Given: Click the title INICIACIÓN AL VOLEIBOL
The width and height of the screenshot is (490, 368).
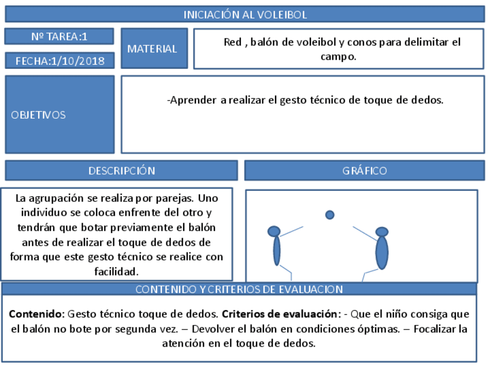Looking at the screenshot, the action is [245, 14].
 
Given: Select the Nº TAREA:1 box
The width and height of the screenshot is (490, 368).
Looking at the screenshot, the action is [59, 36].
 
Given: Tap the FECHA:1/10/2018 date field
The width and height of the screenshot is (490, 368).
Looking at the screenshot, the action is [60, 60].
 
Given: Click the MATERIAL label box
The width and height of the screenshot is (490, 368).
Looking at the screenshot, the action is [154, 49].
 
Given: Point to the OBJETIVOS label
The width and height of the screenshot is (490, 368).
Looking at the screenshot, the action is [39, 115].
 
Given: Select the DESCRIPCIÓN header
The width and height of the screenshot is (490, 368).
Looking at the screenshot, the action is [121, 171].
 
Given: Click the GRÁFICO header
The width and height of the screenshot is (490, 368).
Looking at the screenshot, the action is [364, 171].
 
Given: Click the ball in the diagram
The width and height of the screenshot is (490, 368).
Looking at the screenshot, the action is [329, 215].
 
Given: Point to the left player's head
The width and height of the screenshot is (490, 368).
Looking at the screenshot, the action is [274, 231].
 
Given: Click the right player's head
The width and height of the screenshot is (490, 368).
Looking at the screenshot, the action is [382, 232].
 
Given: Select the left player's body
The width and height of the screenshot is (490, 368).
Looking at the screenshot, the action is [277, 251].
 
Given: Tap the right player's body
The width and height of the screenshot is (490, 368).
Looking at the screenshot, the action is [382, 253].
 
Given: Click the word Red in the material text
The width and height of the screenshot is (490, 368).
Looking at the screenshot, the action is [232, 42].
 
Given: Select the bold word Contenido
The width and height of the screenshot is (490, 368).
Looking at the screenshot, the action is [36, 315].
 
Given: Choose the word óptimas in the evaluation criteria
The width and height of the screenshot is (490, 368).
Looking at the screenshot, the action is [378, 329].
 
